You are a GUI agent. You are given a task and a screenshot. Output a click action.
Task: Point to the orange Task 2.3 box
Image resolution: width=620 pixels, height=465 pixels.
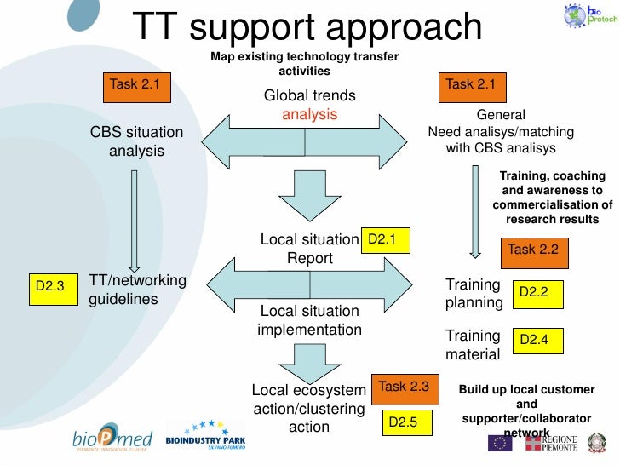tap(404, 387)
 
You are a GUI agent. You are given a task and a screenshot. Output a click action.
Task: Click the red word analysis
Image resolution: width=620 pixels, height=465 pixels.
tap(309, 114)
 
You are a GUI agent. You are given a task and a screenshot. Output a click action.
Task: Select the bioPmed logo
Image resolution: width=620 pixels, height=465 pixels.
tap(112, 439)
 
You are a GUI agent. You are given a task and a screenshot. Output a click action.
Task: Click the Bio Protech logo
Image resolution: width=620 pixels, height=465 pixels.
tap(586, 16)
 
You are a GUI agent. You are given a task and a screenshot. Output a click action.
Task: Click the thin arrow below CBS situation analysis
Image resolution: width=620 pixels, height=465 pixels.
tap(133, 220)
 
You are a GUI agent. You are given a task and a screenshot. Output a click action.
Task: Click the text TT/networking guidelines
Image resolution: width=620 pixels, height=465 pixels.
tap(137, 290)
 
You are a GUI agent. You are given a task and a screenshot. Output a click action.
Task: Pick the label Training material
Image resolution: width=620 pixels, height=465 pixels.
tap(473, 343)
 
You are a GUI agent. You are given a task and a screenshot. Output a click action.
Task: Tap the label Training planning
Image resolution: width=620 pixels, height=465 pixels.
tap(474, 293)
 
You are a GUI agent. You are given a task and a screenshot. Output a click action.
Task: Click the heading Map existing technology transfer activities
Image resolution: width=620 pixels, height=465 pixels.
tap(304, 63)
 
